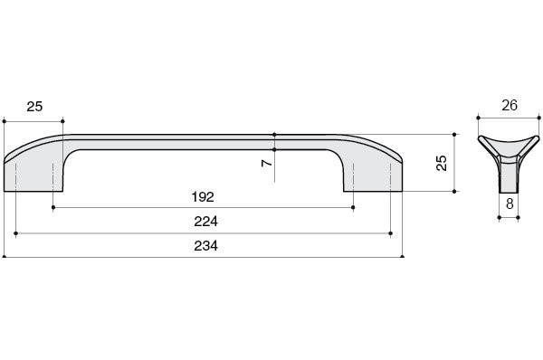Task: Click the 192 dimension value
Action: (203, 196)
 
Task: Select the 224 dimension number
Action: (205, 222)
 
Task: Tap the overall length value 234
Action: (205, 246)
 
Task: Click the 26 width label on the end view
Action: (509, 106)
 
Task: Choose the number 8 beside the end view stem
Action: (510, 204)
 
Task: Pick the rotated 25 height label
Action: (442, 163)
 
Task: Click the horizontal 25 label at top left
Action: (34, 107)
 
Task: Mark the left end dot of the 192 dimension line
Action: (53, 207)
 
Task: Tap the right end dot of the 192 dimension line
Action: (353, 207)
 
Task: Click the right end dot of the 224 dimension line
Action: (390, 232)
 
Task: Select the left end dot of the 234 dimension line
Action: (5, 257)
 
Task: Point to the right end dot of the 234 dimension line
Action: (403, 257)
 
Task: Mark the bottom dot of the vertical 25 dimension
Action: (455, 192)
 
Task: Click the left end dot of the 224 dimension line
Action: (16, 232)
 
